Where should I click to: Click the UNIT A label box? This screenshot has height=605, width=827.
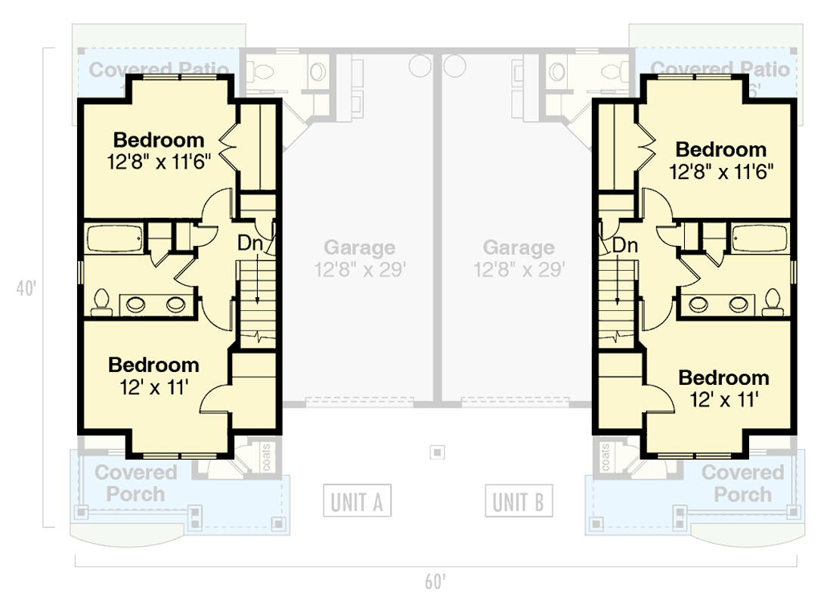[358, 501]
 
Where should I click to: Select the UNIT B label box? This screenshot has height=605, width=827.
[519, 501]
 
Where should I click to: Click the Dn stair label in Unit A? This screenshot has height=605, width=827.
[250, 244]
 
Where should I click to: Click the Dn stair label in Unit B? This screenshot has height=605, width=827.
[624, 245]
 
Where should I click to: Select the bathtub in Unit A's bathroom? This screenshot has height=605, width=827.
[114, 238]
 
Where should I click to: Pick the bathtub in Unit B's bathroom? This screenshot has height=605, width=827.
[760, 238]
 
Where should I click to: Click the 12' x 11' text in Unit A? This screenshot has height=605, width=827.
[153, 386]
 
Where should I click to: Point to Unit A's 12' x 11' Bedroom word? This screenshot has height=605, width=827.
[153, 365]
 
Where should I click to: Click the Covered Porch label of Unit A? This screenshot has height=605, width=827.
[135, 484]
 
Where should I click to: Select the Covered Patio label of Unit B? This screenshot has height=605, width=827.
[720, 70]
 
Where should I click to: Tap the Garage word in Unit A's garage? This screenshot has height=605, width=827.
[359, 247]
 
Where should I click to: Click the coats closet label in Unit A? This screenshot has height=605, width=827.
[267, 459]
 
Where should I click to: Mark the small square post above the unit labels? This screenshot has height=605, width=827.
[437, 453]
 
